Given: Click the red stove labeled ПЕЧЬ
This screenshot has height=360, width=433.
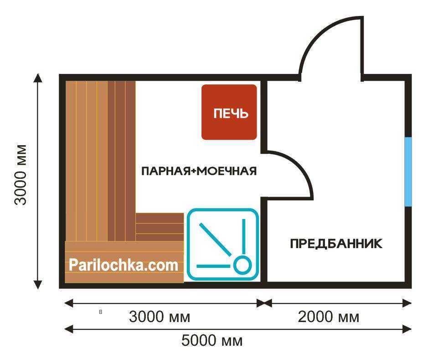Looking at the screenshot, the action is (229, 112).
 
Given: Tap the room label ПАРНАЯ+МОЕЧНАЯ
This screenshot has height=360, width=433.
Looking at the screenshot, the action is (199, 171).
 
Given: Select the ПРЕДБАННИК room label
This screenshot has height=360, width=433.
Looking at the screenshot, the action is (336, 244).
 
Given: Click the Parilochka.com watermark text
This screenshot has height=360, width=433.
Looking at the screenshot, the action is (124, 265).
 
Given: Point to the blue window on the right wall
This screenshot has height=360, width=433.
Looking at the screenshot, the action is (408, 172).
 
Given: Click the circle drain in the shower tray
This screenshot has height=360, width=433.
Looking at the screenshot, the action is (242, 265).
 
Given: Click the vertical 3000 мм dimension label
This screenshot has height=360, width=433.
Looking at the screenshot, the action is (21, 175).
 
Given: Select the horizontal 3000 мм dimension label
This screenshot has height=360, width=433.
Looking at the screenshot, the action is (160, 317).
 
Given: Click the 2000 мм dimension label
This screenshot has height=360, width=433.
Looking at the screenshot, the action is (328, 317).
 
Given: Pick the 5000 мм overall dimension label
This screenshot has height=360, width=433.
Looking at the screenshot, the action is (212, 340).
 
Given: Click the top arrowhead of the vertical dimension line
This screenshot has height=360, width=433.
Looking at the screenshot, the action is (38, 78).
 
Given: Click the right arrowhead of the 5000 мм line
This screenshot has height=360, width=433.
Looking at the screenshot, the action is (407, 329).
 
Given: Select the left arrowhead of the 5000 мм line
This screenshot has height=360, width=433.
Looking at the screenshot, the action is (69, 329).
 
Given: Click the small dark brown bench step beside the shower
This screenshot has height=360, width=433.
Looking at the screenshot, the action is (160, 227).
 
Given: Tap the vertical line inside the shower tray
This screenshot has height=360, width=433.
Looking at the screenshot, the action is (244, 236).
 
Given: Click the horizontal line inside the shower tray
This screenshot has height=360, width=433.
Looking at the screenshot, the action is (213, 266).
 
